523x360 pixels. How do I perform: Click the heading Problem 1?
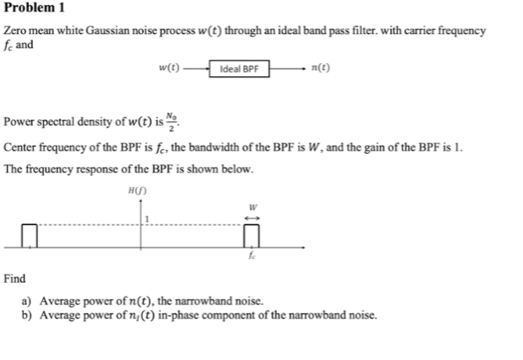(x=34, y=8)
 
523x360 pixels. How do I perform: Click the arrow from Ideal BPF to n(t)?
(x=288, y=69)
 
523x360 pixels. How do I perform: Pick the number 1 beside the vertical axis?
(x=148, y=218)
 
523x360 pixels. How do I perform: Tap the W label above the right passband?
(x=252, y=207)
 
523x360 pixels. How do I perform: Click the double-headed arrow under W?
(x=252, y=218)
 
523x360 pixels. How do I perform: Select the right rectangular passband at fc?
(x=252, y=235)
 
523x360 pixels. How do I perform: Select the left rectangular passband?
(x=29, y=235)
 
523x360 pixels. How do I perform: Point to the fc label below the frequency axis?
(x=252, y=256)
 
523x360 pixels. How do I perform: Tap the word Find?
(x=15, y=279)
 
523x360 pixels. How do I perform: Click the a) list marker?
(x=26, y=301)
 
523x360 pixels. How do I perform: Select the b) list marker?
(x=26, y=315)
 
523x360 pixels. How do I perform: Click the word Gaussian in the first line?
(x=107, y=31)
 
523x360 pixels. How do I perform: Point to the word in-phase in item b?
(x=177, y=315)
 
